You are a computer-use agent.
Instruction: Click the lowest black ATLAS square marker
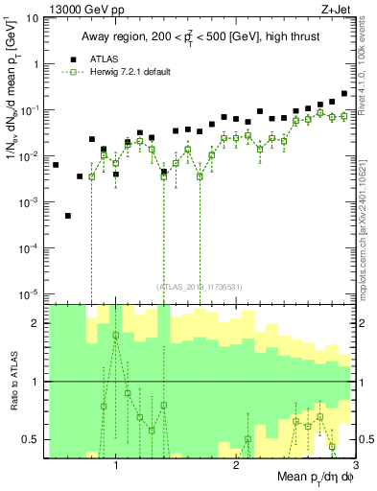point(68,216)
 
